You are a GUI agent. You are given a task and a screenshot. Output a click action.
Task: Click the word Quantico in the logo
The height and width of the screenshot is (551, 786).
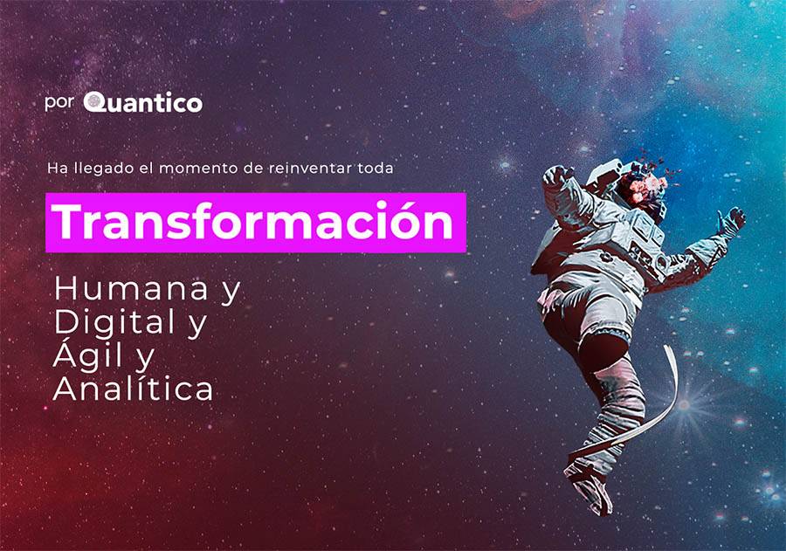143,102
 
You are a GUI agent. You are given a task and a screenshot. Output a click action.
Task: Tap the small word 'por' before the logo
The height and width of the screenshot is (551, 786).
59,103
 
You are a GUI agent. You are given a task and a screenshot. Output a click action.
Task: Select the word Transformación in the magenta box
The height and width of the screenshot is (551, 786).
255,222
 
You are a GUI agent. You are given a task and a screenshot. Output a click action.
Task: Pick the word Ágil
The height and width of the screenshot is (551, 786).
88,355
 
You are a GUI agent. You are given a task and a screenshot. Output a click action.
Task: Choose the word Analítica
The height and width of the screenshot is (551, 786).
134,389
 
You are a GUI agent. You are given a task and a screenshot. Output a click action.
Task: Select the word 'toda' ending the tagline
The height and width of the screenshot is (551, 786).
376,168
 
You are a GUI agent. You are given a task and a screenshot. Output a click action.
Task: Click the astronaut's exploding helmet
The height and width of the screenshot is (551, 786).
645,183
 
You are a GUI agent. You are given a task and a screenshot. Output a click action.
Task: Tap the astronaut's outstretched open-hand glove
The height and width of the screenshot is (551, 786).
731,220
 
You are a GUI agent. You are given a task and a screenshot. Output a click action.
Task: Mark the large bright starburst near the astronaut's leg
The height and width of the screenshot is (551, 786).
684,404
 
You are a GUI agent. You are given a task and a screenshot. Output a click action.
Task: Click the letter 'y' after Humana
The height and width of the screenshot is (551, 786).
231,292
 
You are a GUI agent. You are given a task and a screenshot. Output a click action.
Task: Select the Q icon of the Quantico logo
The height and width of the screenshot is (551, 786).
94,102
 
